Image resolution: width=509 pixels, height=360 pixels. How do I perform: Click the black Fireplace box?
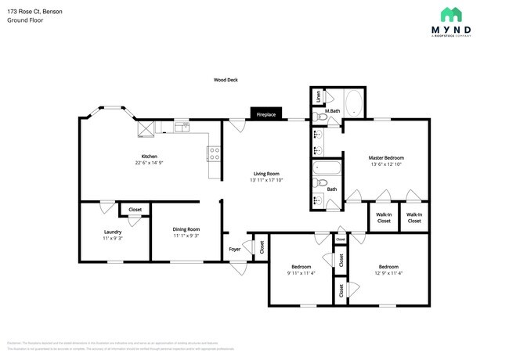pyautogui.click(x=265, y=114)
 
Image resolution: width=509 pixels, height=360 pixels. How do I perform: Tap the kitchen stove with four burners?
pyautogui.click(x=212, y=153)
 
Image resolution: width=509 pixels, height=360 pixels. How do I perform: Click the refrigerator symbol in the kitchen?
pyautogui.click(x=146, y=128)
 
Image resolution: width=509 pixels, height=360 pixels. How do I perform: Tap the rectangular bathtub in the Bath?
pyautogui.click(x=326, y=167)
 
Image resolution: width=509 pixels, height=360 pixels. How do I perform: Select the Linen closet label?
pyautogui.click(x=318, y=97)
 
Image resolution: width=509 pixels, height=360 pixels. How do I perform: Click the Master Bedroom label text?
pyautogui.click(x=385, y=157)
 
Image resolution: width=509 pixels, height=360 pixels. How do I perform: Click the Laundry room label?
pyautogui.click(x=112, y=232)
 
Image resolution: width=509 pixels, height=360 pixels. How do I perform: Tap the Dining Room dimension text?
pyautogui.click(x=186, y=236)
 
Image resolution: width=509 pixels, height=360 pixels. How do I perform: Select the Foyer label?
pyautogui.click(x=234, y=249)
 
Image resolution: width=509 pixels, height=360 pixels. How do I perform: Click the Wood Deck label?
pyautogui.click(x=226, y=80)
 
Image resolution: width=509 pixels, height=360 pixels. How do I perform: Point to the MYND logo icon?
pyautogui.click(x=451, y=14)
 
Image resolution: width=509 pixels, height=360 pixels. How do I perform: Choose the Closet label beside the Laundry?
pyautogui.click(x=135, y=210)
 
